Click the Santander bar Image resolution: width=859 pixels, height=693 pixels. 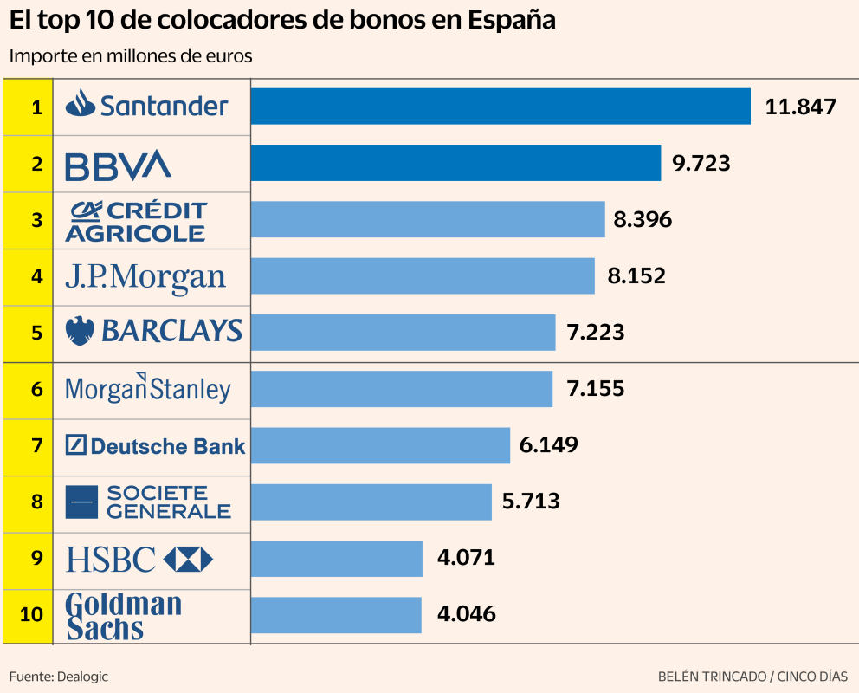(501, 107)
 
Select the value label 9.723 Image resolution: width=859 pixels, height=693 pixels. (701, 163)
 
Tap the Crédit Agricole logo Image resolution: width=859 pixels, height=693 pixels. (136, 221)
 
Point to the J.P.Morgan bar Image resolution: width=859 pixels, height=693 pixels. (423, 276)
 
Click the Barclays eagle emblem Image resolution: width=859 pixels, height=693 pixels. (81, 331)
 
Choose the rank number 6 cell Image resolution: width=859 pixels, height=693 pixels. (36, 389)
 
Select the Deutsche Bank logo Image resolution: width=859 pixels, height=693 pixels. (155, 446)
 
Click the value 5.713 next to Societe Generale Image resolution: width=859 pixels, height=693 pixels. (531, 501)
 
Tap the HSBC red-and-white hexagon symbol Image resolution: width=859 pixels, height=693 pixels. (188, 559)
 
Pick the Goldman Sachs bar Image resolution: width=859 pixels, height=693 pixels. (336, 615)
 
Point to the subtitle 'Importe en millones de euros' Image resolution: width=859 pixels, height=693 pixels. (131, 56)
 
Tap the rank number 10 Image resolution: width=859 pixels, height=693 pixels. (31, 614)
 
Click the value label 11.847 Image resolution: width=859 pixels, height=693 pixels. (800, 107)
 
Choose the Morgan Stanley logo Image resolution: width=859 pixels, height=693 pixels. (148, 389)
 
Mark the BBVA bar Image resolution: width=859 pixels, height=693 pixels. (455, 163)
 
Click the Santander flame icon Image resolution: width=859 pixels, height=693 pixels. (81, 104)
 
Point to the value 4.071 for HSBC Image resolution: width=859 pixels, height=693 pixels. (466, 558)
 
